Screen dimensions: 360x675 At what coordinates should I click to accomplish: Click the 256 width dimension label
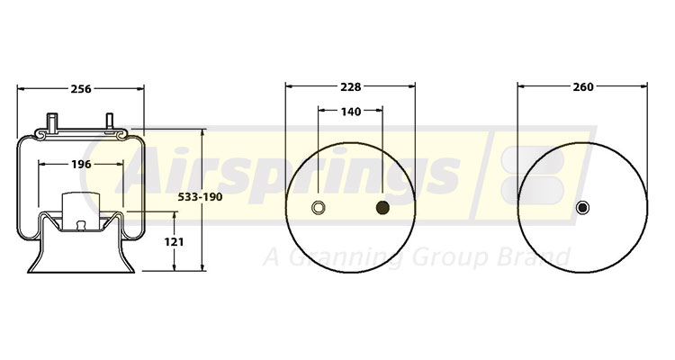pos(80,88)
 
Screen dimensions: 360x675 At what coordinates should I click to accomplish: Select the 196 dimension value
pos(80,164)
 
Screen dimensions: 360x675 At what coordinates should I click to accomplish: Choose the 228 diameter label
pos(350,87)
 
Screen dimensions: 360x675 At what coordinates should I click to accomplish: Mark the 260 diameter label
pos(582,87)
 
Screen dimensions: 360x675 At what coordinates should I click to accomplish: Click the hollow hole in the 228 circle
pos(318,209)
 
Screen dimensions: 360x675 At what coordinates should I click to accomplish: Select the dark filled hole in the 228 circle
pos(382,209)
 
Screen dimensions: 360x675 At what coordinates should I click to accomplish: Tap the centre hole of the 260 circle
pos(582,209)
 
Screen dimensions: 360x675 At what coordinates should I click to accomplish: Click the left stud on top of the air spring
pos(53,121)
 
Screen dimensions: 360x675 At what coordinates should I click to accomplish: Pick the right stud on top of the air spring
pos(111,121)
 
